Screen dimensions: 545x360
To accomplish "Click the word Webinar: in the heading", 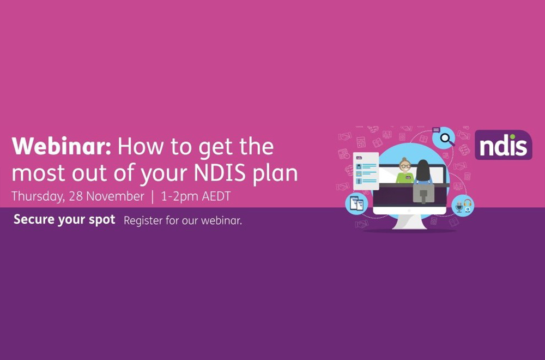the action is pyautogui.click(x=61, y=146).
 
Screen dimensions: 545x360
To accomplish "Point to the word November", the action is pyautogui.click(x=115, y=196).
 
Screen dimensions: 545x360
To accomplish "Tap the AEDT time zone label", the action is pyautogui.click(x=216, y=196).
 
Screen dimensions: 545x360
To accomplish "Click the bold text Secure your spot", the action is pyautogui.click(x=64, y=219).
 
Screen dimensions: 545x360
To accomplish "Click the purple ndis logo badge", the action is pyautogui.click(x=503, y=145).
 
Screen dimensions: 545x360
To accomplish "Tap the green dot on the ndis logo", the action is pyautogui.click(x=513, y=137).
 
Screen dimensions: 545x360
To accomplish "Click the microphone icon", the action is pyautogui.click(x=459, y=207).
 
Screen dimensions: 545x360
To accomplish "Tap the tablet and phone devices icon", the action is pyautogui.click(x=356, y=203).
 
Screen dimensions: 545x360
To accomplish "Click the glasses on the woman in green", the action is pyautogui.click(x=405, y=166).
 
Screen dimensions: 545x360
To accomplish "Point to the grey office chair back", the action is pyautogui.click(x=423, y=193).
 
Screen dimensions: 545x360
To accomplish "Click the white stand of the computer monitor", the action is pyautogui.click(x=410, y=222).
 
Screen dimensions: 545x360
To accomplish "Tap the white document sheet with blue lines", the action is pyautogui.click(x=366, y=171).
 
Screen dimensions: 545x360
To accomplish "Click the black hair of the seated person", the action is pyautogui.click(x=423, y=171).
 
